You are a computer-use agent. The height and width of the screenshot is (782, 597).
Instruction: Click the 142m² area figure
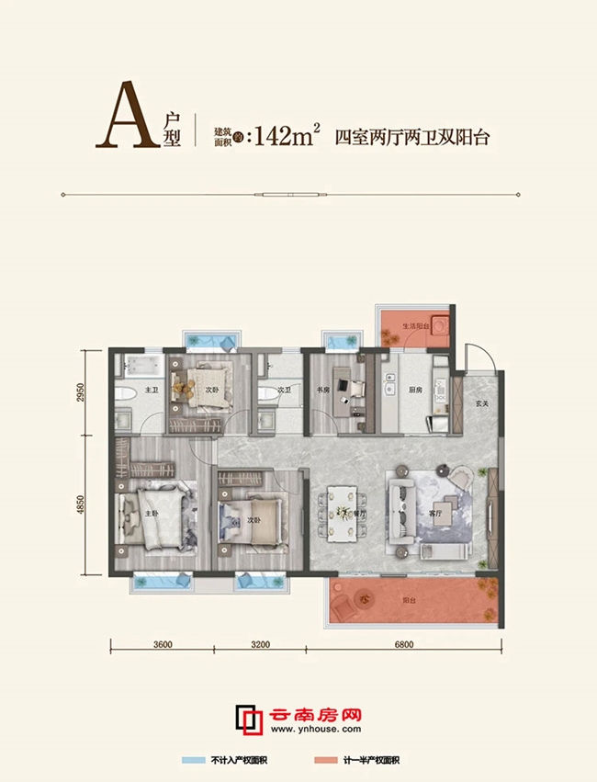click(284, 139)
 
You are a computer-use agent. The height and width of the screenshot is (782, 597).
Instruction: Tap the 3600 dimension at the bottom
click(163, 645)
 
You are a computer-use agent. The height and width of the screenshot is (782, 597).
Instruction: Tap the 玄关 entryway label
click(480, 402)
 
